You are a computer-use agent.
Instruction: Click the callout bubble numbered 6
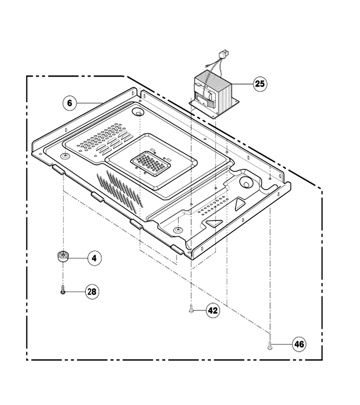click(70, 103)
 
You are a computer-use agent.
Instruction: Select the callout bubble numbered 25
click(260, 84)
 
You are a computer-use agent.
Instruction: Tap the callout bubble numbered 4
click(94, 258)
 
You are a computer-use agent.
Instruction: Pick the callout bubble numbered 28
click(92, 292)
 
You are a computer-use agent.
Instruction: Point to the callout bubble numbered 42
click(213, 310)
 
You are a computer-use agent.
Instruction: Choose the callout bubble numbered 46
click(299, 344)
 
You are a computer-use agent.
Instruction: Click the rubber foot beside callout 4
click(63, 256)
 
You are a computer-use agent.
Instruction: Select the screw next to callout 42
click(191, 309)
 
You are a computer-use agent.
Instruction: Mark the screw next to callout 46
click(270, 345)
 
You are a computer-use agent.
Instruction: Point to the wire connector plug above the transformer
click(223, 55)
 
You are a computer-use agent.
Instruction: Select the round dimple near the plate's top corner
click(139, 112)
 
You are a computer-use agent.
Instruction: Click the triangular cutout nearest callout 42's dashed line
click(214, 223)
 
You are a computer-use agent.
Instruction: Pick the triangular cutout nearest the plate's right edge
click(239, 204)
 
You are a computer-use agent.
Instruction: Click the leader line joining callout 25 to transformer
click(243, 84)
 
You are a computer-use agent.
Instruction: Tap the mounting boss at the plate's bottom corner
click(177, 229)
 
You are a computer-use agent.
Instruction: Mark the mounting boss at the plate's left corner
click(64, 156)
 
